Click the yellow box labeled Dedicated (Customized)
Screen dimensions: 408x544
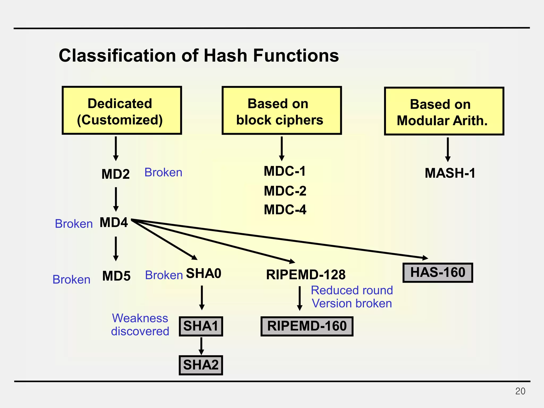pos(122,110)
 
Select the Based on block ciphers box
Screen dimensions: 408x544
pos(282,110)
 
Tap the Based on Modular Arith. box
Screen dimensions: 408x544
pos(444,111)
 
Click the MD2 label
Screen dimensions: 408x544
pos(116,174)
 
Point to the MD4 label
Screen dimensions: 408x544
pos(114,222)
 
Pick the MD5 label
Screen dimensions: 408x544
pos(116,276)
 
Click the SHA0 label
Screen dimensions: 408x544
pos(204,273)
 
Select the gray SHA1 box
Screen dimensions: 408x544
pos(201,326)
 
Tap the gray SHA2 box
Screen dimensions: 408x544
pos(201,365)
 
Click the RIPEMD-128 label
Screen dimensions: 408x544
pos(306,275)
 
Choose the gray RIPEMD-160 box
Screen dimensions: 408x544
pos(307,326)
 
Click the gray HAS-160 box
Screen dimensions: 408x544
pos(438,273)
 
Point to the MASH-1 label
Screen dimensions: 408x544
pos(450,173)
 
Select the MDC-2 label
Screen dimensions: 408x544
pos(285,191)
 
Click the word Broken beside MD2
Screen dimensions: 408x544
pos(163,173)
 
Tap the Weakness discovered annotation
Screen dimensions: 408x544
pos(140,325)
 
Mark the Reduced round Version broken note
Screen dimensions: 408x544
pos(352,297)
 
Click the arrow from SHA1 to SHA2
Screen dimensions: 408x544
pos(201,346)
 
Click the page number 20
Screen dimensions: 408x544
pos(520,391)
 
